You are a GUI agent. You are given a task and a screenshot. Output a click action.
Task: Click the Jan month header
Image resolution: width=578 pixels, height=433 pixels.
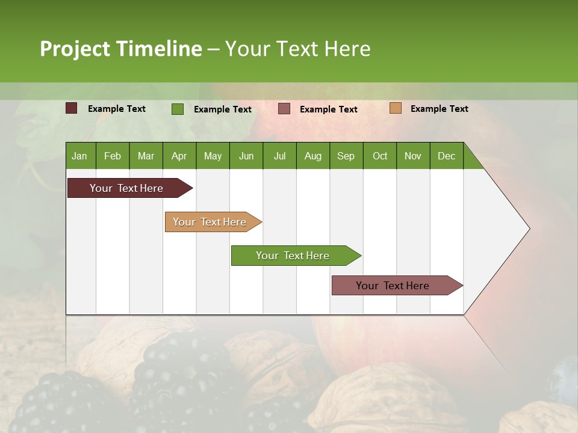point(80,156)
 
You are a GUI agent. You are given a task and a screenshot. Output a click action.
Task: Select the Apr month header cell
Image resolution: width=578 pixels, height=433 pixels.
point(179,156)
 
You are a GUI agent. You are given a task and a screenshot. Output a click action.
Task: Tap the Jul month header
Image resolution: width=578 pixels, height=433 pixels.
point(279,156)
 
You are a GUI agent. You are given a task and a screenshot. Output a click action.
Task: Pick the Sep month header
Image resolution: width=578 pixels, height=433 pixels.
point(346,156)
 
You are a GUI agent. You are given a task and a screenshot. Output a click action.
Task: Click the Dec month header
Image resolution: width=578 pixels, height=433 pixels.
point(446,156)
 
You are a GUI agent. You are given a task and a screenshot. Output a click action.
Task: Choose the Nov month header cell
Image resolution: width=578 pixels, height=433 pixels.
point(412,156)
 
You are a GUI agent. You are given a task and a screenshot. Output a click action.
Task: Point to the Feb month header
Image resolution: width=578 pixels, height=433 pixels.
point(113,156)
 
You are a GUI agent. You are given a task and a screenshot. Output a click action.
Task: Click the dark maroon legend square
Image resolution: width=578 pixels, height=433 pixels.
point(72,108)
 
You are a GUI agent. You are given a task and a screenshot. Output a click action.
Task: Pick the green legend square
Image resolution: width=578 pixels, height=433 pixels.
point(178,109)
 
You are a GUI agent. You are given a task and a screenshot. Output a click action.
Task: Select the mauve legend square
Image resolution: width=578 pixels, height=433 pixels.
point(284,109)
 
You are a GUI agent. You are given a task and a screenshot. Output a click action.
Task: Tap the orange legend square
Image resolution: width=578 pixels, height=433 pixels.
point(395,108)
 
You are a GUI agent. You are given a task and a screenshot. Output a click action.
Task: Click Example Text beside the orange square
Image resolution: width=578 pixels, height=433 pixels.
point(439,109)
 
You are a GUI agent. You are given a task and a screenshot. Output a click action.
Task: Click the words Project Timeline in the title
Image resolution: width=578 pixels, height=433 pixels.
point(120,49)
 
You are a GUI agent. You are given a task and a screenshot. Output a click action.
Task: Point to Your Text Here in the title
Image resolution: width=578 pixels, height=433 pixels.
point(298,49)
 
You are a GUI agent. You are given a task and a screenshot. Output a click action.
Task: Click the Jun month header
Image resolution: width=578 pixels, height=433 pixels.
point(246,156)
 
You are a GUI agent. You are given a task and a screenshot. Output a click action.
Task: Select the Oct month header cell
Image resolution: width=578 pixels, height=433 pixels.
point(380,156)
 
